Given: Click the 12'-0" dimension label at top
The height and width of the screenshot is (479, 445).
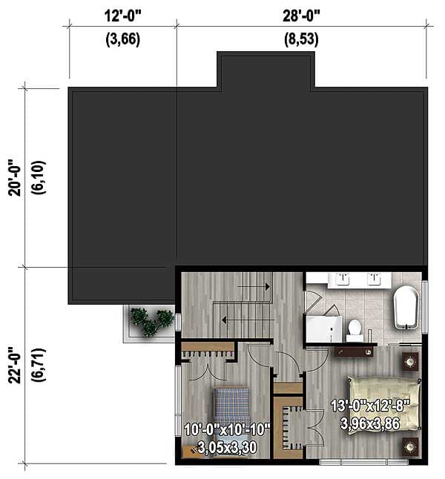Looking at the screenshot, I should coord(122,14).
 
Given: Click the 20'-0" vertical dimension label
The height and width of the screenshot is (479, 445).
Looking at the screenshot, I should coord(13,178).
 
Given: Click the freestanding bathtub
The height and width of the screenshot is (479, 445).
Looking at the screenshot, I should coord(406,307).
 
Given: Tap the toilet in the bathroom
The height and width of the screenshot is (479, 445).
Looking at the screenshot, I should coord(355,328).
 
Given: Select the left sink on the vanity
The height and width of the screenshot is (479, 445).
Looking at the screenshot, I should coord(343,279).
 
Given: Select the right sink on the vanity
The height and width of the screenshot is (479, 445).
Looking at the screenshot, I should coord(375,279).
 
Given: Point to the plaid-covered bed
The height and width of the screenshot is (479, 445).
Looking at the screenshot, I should coord(231,404).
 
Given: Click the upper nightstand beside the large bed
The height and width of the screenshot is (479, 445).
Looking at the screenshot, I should coord(409,362).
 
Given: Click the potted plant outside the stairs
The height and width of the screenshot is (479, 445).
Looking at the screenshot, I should coord(151,321).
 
